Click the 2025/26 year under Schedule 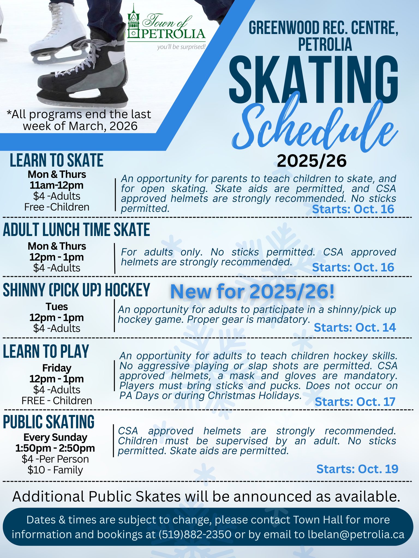click(312, 161)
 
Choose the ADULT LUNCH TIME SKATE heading click(76, 229)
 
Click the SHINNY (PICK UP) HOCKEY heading click(76, 290)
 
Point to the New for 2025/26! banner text click(252, 292)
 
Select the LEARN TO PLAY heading click(46, 351)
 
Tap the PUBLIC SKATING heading click(49, 422)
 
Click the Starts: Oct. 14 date click(355, 327)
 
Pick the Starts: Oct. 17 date click(355, 402)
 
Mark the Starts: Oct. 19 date click(357, 469)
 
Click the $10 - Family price click(55, 470)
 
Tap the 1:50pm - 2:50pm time click(55, 448)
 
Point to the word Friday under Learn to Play click(57, 368)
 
